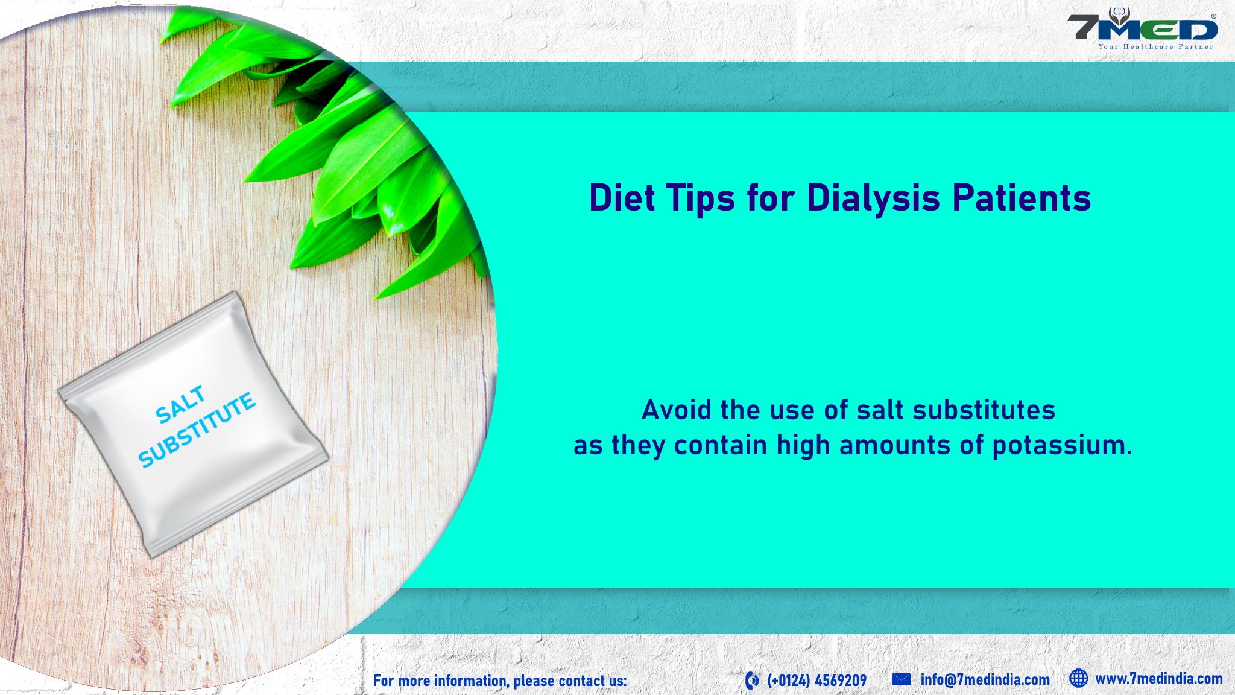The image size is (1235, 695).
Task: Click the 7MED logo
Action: point(1142,28)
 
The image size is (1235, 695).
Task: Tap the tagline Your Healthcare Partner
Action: point(1155,46)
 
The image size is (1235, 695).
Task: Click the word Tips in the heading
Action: point(701,198)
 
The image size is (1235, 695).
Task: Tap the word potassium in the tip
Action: point(1062,446)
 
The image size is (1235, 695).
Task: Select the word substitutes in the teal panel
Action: point(984,410)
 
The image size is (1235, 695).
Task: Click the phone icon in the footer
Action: point(752,681)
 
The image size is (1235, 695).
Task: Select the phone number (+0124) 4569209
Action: point(816,681)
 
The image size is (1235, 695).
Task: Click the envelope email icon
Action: point(902,679)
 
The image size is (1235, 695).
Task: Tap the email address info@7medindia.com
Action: point(985,680)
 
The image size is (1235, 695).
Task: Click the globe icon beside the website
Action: point(1079,678)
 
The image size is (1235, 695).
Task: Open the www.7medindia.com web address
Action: point(1159,679)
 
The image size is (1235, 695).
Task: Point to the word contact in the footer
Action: point(582,681)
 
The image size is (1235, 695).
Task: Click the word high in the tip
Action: point(801,446)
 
